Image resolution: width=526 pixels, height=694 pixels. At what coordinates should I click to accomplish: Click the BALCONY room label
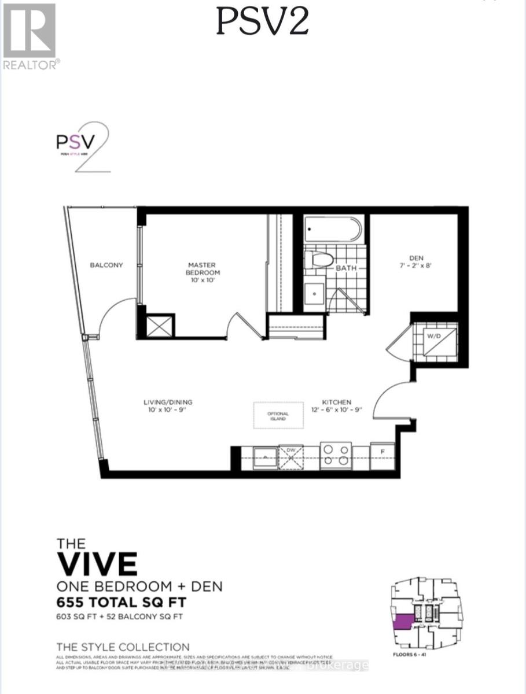pos(106,265)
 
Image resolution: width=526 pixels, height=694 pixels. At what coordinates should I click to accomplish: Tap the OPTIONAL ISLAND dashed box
pos(278,415)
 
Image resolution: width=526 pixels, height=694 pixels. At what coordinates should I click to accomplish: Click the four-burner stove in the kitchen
pos(337,454)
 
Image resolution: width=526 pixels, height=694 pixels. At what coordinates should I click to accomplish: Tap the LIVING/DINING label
pos(168,405)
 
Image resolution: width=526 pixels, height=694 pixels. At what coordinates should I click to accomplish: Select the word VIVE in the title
pos(97,563)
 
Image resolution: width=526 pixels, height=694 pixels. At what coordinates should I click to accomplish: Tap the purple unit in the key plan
pos(402,622)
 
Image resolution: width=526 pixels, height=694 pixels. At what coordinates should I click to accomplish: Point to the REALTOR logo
pos(30,36)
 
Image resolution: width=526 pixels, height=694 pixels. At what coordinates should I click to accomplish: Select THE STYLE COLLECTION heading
pos(123,647)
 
